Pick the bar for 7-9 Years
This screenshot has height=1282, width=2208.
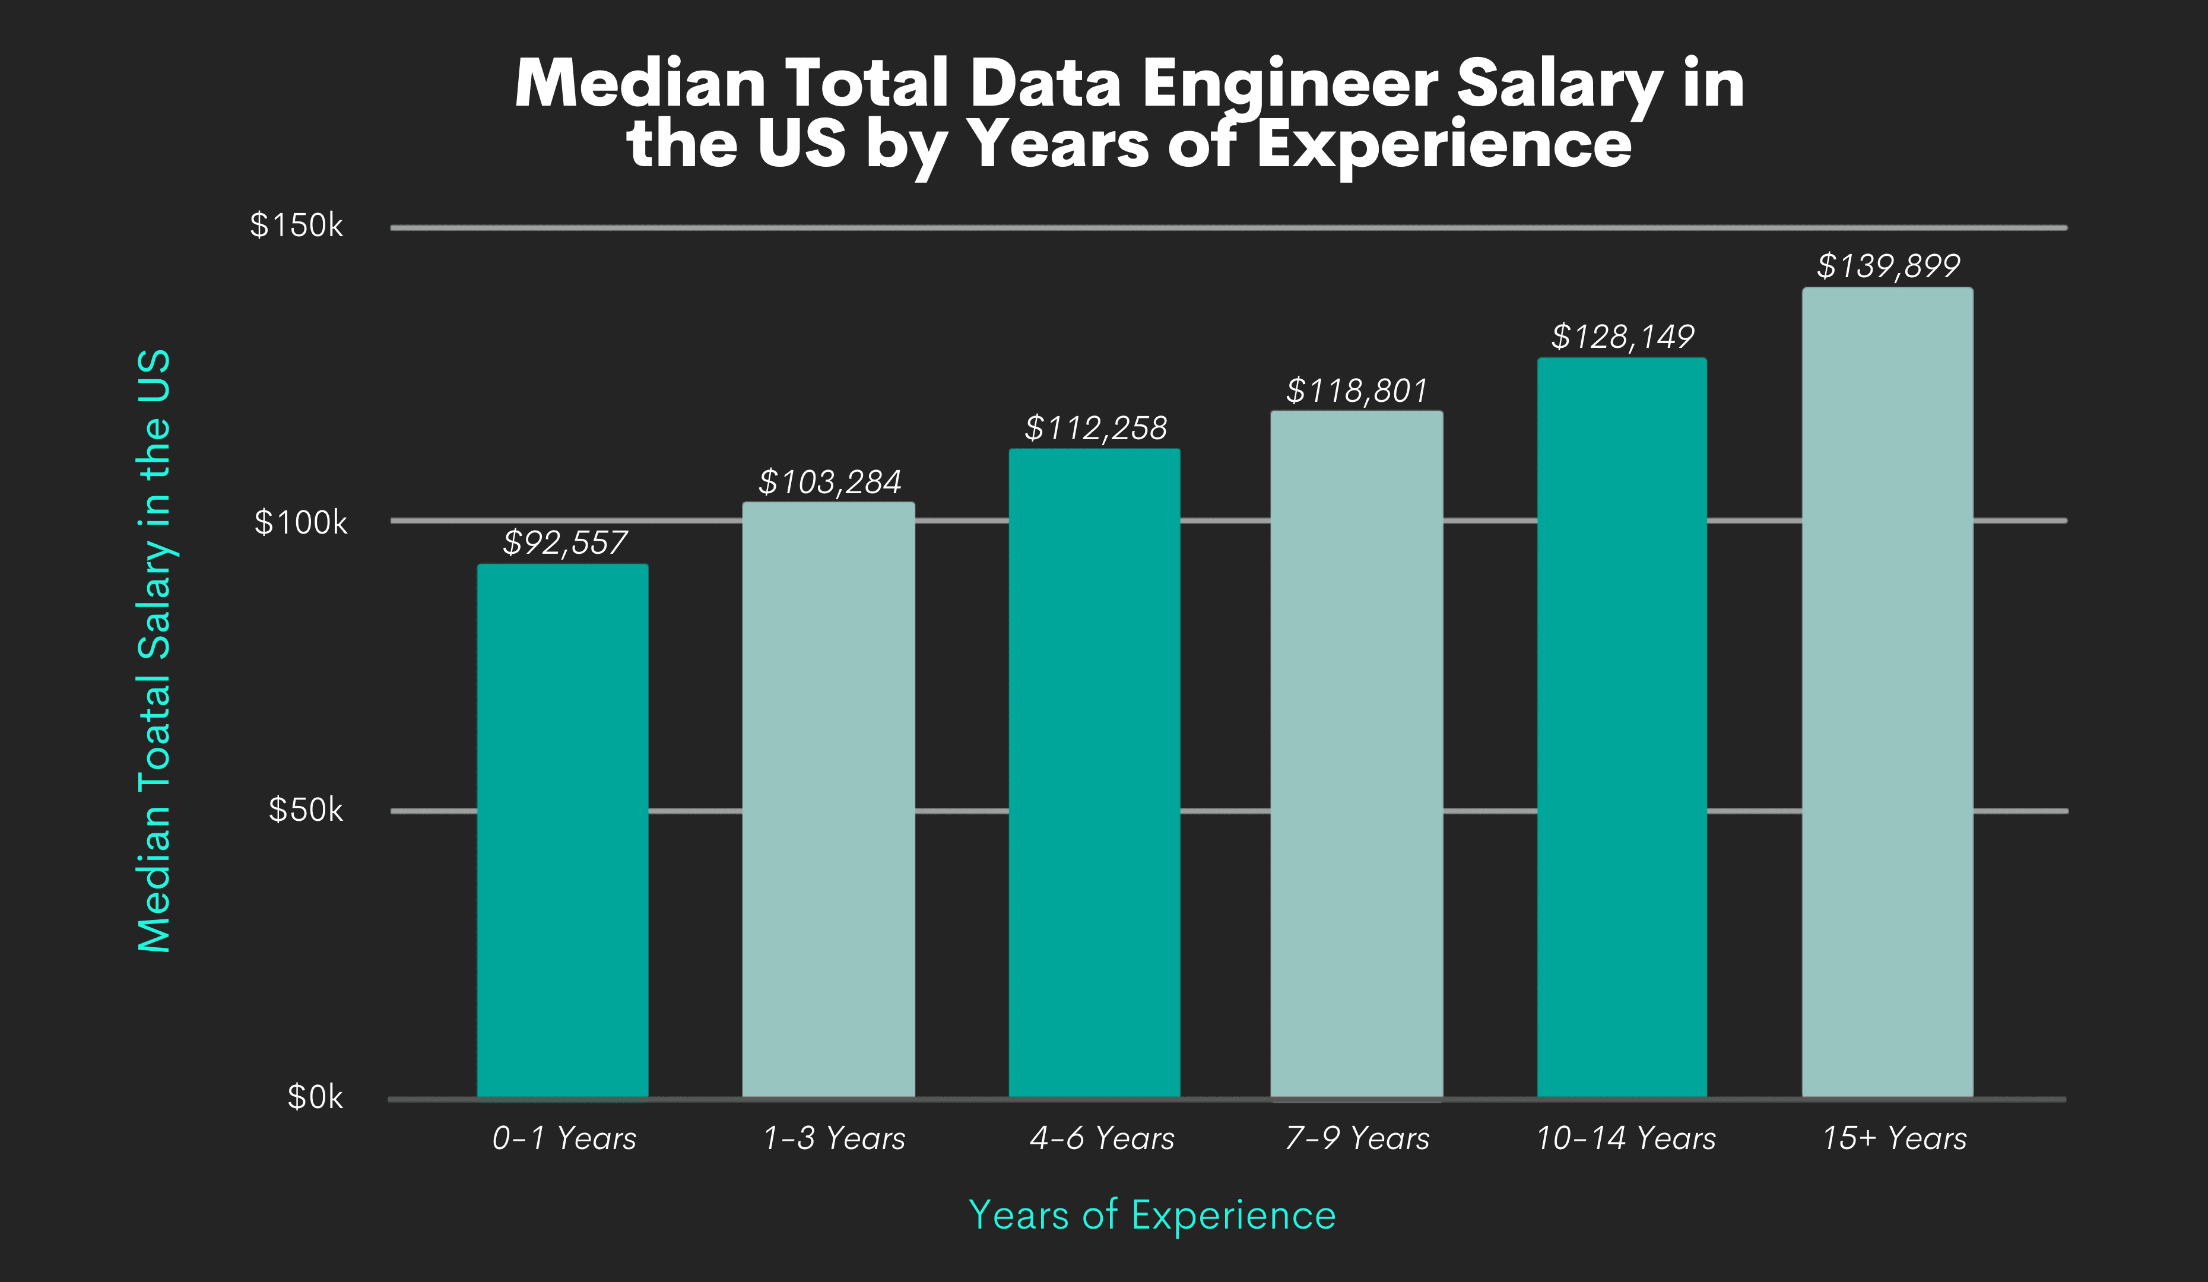[1356, 754]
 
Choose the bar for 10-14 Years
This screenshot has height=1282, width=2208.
[1622, 727]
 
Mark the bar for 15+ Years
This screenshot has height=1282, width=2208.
[1887, 692]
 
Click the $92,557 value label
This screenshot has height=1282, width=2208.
[565, 542]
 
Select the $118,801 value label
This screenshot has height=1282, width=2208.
[1356, 391]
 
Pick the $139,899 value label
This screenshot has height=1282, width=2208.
[1887, 265]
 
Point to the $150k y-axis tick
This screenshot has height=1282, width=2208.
[296, 226]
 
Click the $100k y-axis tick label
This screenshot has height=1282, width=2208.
[300, 523]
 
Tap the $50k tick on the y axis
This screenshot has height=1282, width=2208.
[305, 810]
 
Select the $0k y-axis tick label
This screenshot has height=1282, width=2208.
[315, 1097]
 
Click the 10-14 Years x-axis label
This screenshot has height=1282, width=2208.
[1625, 1138]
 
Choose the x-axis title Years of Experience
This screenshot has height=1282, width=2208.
[1151, 1216]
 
